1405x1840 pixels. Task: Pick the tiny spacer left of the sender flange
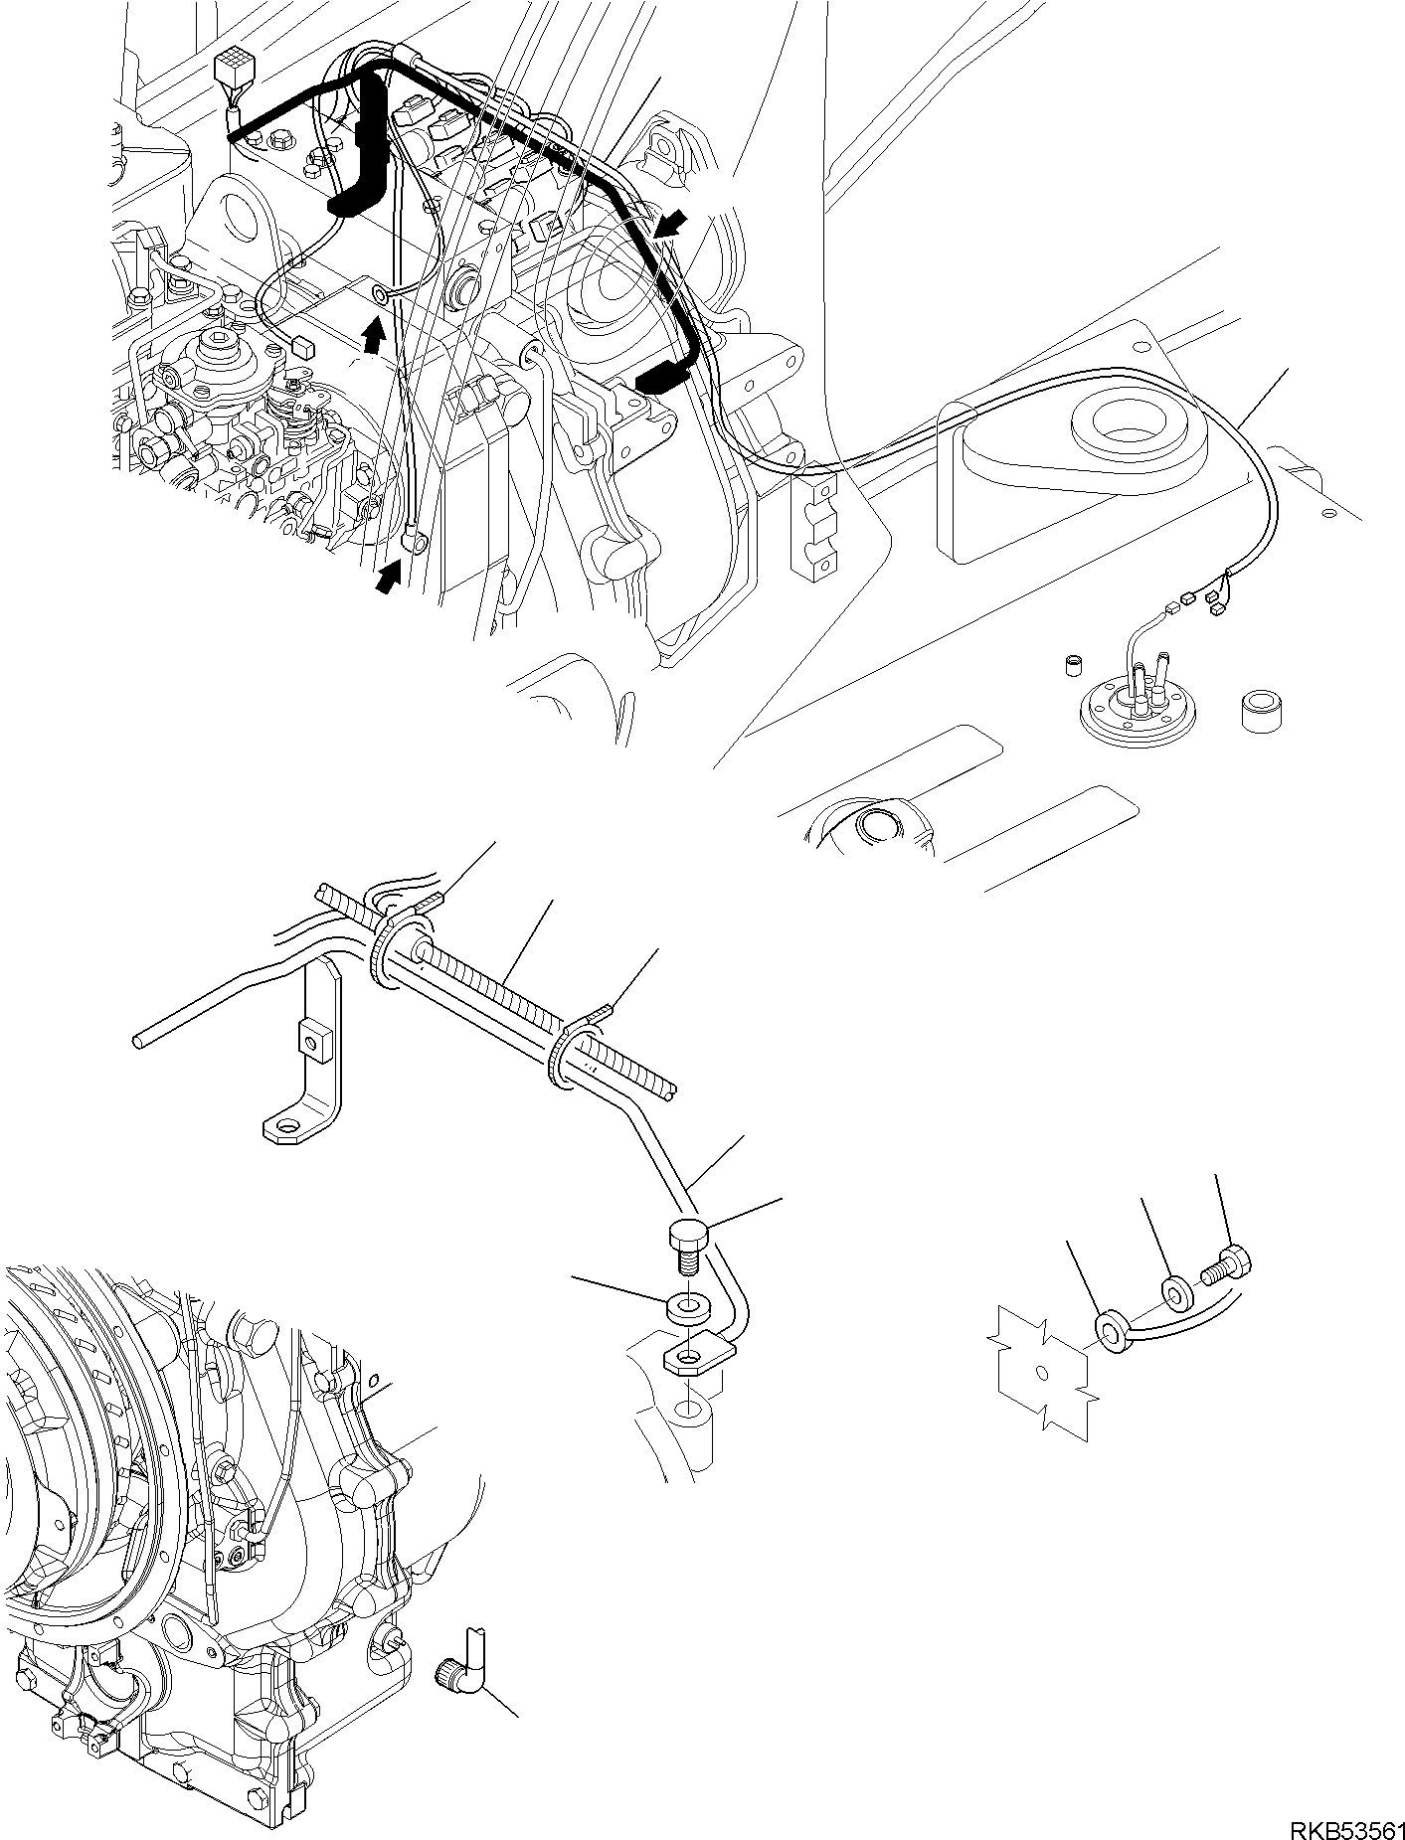[x=1074, y=663]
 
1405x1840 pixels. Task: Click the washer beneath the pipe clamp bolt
[x=682, y=1303]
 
